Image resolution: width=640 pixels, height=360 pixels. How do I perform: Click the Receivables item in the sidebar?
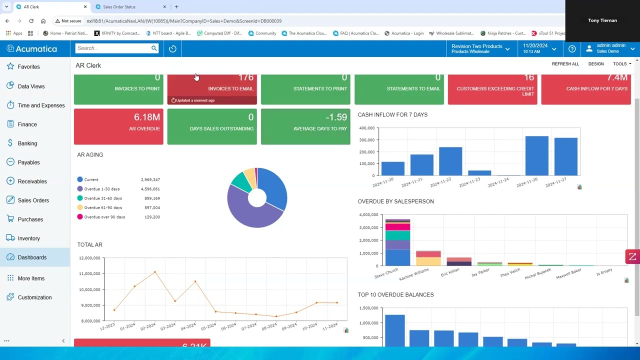32,181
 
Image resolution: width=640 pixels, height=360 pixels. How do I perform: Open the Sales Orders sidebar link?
33,200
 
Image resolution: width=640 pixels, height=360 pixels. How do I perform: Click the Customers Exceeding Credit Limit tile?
492,89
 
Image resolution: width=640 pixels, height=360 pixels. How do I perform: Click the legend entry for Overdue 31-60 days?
102,198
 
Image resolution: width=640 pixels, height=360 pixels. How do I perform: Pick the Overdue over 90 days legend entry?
104,217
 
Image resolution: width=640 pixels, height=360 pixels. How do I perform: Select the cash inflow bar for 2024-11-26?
536,155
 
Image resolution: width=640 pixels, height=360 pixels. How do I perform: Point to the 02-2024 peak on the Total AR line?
155,272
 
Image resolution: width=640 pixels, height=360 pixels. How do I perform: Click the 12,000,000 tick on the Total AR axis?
89,258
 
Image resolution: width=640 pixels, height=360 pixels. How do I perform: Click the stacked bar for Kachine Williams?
428,258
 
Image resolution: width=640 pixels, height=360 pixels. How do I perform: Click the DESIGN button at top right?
595,64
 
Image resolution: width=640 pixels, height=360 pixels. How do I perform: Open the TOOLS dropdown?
622,64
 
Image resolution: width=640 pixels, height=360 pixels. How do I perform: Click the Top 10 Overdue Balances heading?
395,294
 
